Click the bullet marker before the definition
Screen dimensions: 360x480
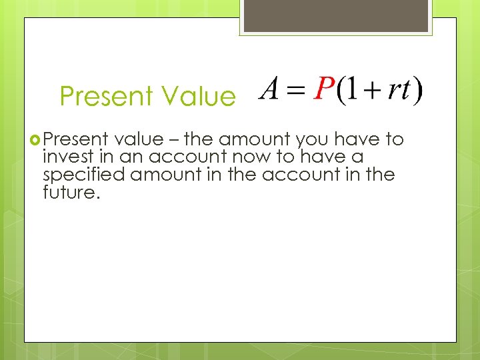pos(35,139)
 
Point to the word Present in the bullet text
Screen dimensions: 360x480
pos(76,139)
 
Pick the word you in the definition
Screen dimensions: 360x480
pos(313,139)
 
